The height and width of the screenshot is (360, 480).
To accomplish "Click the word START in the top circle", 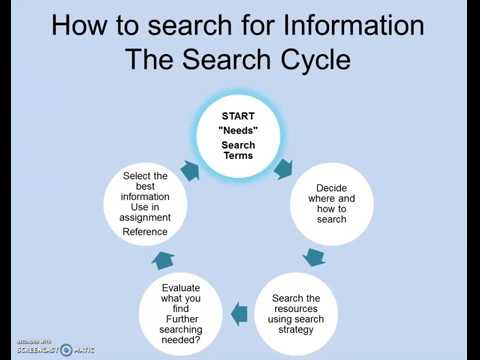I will tap(238, 115).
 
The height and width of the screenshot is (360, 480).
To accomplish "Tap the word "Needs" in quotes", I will tap(238, 130).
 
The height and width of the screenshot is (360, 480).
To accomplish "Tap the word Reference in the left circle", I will tap(145, 232).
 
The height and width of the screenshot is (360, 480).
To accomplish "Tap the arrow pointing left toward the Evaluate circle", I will tap(238, 316).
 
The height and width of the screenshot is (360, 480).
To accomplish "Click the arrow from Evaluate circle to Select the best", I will tap(163, 260).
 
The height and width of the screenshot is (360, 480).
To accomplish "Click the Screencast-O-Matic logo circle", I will tap(66, 350).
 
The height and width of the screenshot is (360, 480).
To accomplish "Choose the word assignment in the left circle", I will tap(145, 216).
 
